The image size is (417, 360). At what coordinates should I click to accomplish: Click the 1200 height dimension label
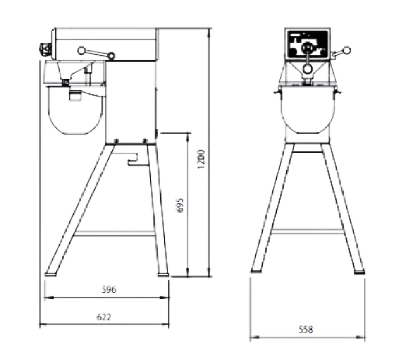pos(201,160)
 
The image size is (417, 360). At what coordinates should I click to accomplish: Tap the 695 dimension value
pos(180,205)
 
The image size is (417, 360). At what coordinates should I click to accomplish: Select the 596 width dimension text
pos(109,289)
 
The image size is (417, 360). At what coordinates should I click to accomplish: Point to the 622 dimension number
pos(104,317)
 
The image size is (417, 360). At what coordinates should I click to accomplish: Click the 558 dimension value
pos(306,329)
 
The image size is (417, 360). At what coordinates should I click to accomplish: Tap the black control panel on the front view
pos(308,45)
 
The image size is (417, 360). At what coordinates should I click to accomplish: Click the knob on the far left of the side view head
pos(45,49)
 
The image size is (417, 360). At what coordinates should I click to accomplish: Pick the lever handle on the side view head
pos(96,53)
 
